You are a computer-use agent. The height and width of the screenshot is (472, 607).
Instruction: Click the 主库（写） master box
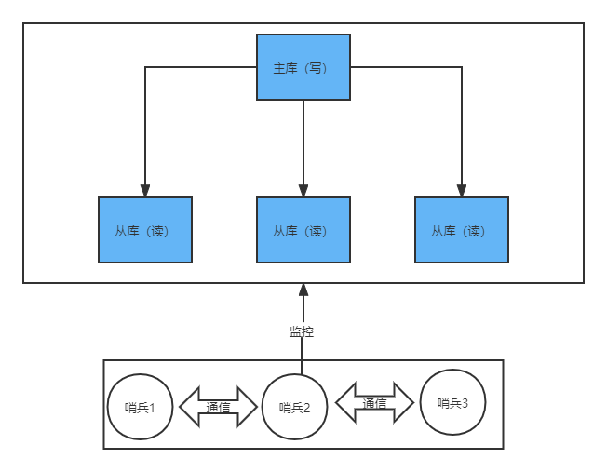[x=303, y=67]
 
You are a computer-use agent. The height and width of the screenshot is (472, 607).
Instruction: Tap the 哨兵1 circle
[x=140, y=407]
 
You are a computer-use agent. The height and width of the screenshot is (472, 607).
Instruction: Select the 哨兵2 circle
[x=294, y=407]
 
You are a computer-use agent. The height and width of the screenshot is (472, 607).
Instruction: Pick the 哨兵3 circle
[x=452, y=402]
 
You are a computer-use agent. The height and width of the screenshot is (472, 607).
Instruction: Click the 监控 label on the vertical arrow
[x=302, y=330]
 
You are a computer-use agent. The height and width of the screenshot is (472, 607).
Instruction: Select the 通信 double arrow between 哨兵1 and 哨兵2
[x=218, y=407]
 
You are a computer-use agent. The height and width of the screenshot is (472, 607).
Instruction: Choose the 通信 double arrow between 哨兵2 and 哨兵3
[x=374, y=403]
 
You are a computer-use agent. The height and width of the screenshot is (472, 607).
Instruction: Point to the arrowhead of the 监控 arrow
[x=303, y=290]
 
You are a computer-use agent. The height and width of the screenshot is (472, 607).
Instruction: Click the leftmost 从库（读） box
[x=145, y=230]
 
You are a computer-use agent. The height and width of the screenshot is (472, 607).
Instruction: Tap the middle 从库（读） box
[x=303, y=230]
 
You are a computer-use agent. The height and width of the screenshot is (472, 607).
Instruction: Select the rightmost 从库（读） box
[x=462, y=230]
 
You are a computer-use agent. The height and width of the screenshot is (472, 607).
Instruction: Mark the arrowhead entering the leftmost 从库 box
[x=145, y=190]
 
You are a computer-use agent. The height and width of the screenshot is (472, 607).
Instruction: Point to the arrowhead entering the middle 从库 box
[x=303, y=190]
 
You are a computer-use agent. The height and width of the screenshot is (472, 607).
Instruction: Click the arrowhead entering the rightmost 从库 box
[x=462, y=190]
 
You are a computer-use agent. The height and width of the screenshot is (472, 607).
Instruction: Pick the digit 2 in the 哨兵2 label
[x=308, y=408]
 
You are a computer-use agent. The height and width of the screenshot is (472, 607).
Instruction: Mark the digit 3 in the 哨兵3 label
[x=465, y=403]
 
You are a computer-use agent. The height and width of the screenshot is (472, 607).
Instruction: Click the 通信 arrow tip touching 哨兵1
[x=182, y=407]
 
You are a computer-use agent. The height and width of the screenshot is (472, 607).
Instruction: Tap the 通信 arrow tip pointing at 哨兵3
[x=412, y=403]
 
